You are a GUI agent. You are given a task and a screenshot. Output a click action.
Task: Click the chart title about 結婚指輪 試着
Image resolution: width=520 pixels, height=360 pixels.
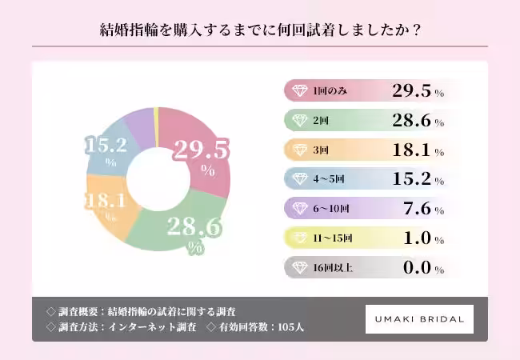tap(260, 30)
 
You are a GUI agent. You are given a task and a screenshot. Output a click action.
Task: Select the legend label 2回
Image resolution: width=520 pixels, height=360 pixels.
tap(322, 121)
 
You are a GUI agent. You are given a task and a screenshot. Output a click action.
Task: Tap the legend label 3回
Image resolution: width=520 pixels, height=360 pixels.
tap(322, 150)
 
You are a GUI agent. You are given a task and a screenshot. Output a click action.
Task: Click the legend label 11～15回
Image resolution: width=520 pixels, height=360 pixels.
tap(333, 238)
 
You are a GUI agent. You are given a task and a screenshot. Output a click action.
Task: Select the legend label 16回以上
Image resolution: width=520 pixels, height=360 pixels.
tap(332, 267)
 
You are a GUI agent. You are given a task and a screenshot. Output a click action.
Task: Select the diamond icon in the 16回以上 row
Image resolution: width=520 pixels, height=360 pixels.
tap(299, 267)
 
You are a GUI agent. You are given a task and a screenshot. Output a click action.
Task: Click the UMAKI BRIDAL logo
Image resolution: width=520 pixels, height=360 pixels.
tap(419, 319)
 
